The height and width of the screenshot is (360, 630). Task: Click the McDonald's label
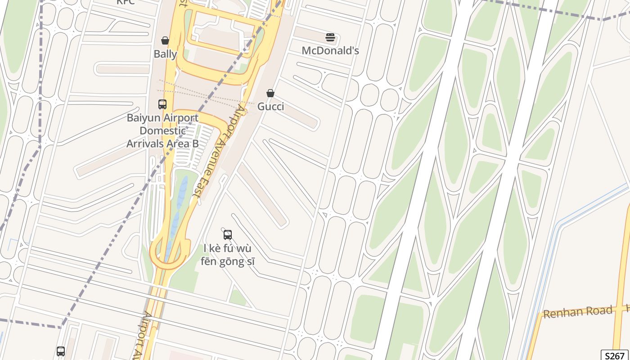point(330,50)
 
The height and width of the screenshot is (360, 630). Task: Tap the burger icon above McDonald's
point(330,37)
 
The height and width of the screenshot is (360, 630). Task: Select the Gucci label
point(270,107)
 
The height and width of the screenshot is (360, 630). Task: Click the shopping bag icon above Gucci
point(270,93)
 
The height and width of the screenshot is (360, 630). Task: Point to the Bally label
point(165,54)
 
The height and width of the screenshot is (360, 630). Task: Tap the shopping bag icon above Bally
point(165,40)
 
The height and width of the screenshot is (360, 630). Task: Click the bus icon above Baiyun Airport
point(162,104)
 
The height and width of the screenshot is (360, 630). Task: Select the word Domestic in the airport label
point(162,131)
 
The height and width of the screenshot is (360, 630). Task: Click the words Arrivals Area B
point(162,144)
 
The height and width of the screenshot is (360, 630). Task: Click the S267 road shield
point(615,355)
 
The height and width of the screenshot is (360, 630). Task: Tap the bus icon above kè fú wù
point(228,234)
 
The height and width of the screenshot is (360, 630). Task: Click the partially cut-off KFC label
point(126,2)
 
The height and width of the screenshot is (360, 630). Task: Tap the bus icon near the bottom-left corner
point(61,351)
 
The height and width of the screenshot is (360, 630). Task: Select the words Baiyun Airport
point(162,118)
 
